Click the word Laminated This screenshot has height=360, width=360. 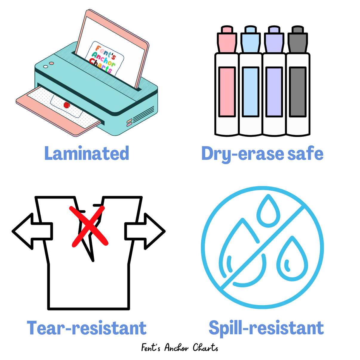pyautogui.click(x=87, y=153)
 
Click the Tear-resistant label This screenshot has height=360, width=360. pyautogui.click(x=87, y=328)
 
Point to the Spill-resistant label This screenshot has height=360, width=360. pyautogui.click(x=266, y=328)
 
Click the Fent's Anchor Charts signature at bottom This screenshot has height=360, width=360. pyautogui.click(x=180, y=348)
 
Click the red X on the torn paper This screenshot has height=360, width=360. pyautogui.click(x=89, y=226)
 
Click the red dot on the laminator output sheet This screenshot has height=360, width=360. pyautogui.click(x=67, y=105)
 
